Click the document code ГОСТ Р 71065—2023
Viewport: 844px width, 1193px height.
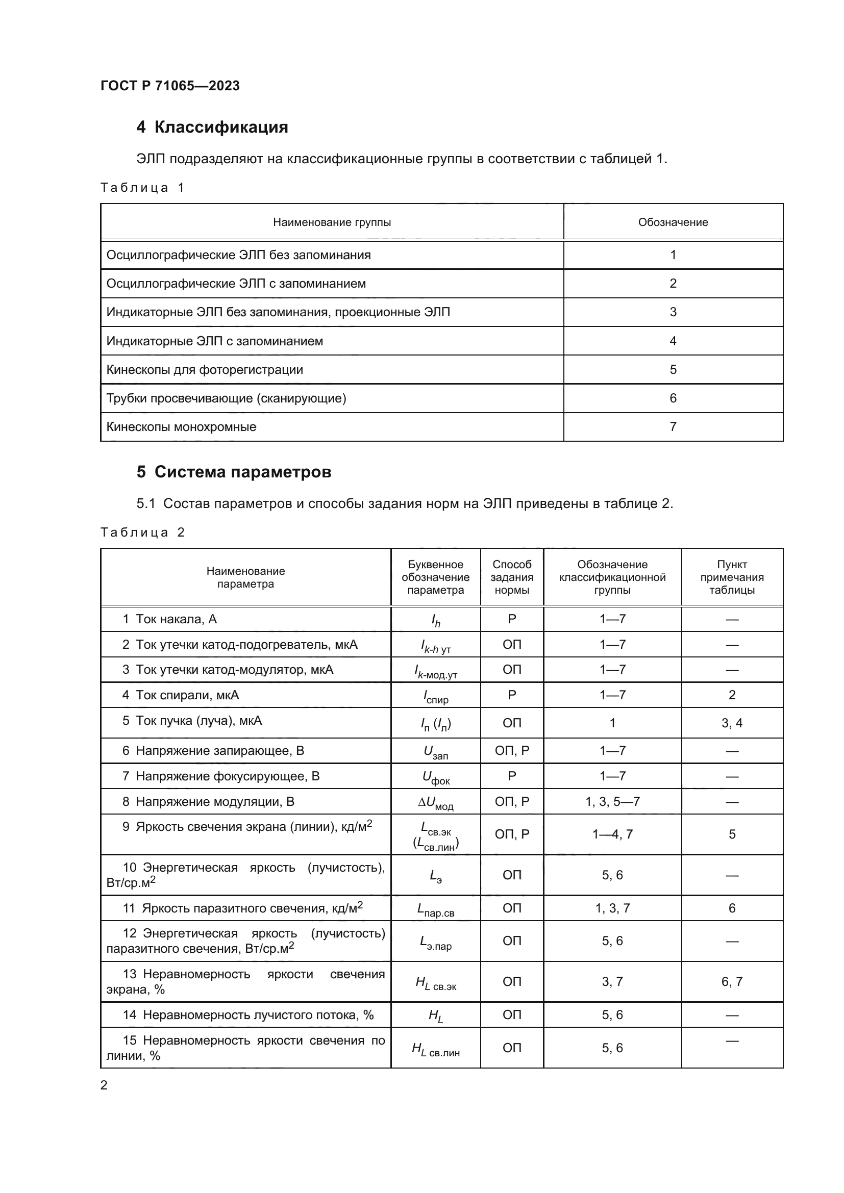[x=170, y=86]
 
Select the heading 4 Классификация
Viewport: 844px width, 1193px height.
[x=212, y=128]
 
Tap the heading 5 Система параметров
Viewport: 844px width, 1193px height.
[x=234, y=472]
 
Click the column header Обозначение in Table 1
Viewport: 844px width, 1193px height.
[x=673, y=222]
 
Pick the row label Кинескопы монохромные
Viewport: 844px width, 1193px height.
[x=181, y=427]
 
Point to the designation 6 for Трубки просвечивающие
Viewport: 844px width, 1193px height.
[x=673, y=398]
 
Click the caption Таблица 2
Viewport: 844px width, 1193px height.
[x=142, y=532]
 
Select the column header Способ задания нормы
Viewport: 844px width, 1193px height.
[x=511, y=577]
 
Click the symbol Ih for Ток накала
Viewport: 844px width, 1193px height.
[x=435, y=620]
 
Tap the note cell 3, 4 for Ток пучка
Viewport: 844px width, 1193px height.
[x=731, y=723]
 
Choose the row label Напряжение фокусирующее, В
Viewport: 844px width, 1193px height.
[x=228, y=776]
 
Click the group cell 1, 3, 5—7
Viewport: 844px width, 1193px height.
[x=612, y=802]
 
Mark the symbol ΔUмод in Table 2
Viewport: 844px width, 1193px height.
[x=435, y=803]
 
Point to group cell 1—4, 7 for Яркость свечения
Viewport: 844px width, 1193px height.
[x=612, y=834]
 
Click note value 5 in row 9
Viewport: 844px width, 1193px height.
[x=731, y=834]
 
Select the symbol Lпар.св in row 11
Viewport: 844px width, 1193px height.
[x=435, y=909]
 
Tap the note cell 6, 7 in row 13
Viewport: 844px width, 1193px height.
[x=731, y=982]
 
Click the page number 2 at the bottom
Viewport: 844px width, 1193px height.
[x=104, y=1085]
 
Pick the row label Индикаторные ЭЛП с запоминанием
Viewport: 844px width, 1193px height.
[x=215, y=341]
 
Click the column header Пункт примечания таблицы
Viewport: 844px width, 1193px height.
[x=731, y=577]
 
